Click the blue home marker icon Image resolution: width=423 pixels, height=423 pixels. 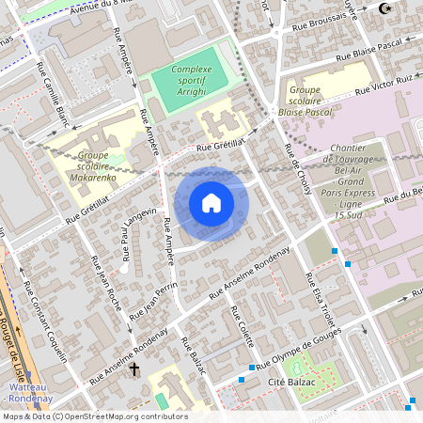coord(211,202)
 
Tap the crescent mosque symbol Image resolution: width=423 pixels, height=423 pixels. coord(383,8)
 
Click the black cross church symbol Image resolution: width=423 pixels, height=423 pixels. coord(134,370)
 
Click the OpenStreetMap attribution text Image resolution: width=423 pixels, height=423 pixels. coord(94,416)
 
